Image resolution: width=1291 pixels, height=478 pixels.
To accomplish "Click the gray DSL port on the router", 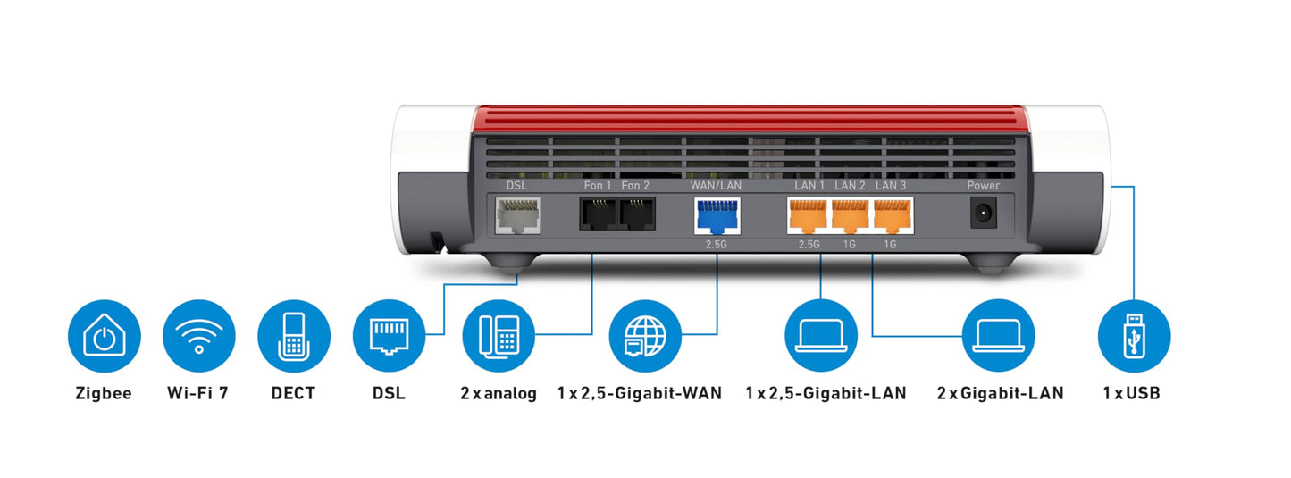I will click(516, 214).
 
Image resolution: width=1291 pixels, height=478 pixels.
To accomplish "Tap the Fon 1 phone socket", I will click(598, 214).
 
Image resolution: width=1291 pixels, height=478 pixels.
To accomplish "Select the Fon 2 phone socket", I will click(637, 214).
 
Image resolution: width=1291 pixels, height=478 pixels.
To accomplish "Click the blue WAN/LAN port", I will click(717, 215).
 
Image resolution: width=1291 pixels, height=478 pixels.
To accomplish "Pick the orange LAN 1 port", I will click(809, 215).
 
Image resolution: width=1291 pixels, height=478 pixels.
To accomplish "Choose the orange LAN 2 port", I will click(850, 215).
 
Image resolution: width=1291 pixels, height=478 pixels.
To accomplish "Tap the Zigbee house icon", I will click(105, 336).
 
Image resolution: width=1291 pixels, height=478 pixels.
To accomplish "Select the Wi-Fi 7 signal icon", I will click(199, 336).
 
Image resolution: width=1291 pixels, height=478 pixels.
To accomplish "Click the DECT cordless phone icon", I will click(294, 336).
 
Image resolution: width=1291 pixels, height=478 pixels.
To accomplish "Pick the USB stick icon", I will click(1134, 336).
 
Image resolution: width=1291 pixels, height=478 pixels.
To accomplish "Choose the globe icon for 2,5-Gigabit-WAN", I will click(638, 336).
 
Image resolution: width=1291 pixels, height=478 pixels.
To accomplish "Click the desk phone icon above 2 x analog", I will click(499, 336).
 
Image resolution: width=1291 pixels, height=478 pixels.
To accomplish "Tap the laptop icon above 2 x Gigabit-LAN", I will click(1000, 336).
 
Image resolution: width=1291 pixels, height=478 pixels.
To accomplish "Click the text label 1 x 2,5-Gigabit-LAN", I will click(826, 393).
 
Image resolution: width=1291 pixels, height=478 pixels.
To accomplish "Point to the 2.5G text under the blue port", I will click(717, 244).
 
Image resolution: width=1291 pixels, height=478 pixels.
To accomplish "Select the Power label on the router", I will click(984, 185).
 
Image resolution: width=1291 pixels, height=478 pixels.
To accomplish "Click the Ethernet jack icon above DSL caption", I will click(389, 336).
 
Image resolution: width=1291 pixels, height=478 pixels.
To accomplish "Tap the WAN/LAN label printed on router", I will click(717, 185).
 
